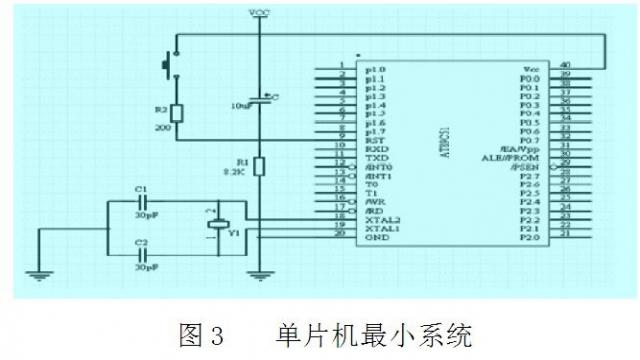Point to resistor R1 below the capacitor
pos(259,166)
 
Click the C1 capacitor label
pos(141,189)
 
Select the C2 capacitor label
pos(141,243)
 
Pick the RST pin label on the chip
pos(373,140)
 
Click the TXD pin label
pos(376,158)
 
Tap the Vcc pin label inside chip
pos(531,69)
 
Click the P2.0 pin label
pos(530,237)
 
